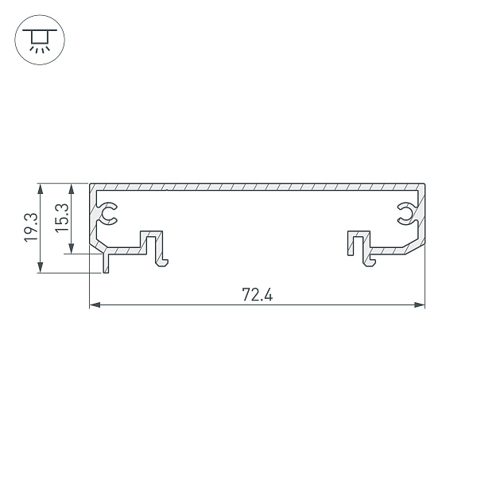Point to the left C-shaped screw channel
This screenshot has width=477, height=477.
coord(108,212)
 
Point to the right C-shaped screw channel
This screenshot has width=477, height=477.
coord(405,212)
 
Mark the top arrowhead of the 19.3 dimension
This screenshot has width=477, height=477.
coord(39,188)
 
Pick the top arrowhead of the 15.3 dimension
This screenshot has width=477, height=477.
coord(72,188)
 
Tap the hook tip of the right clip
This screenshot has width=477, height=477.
coord(370,263)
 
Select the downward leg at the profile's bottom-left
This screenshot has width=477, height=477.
coord(104,264)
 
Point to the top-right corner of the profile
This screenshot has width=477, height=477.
coord(424,185)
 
